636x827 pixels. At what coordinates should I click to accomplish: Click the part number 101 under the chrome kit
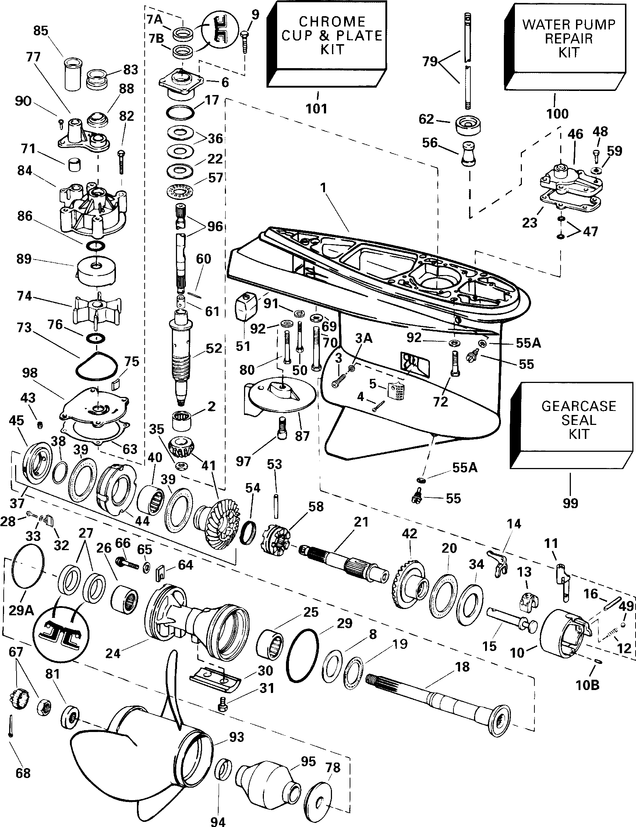(x=316, y=109)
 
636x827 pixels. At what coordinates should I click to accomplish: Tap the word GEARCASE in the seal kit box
(x=579, y=406)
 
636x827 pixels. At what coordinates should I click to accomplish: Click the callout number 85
(x=41, y=30)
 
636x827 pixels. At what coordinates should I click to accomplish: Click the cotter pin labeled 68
(x=11, y=725)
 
